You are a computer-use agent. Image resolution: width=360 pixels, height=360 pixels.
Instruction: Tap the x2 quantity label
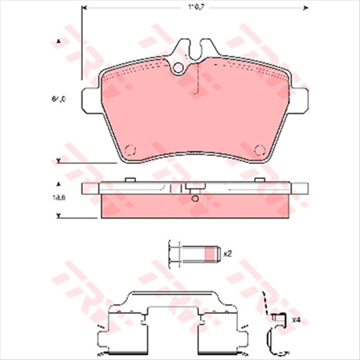point(227,254)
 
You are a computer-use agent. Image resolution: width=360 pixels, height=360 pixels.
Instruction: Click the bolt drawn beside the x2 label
point(190,254)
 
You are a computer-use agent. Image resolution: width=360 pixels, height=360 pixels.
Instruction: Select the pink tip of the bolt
point(211,254)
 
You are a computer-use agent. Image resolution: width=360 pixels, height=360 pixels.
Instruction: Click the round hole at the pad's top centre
point(180,69)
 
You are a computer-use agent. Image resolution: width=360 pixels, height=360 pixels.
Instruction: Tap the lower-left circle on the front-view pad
point(130,150)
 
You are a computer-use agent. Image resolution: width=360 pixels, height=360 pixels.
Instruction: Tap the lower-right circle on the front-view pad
point(262,150)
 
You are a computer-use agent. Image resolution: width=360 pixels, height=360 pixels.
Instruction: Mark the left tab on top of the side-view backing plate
point(130,180)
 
